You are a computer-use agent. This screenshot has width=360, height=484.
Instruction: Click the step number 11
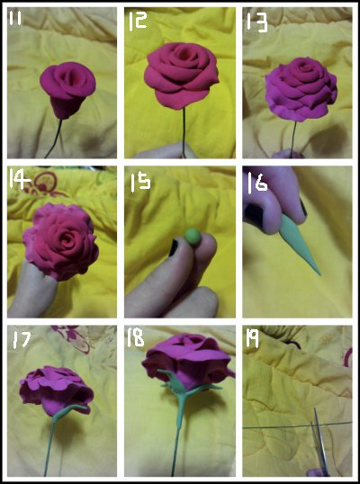(x=14, y=19)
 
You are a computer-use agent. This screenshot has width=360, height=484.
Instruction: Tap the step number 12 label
(x=138, y=22)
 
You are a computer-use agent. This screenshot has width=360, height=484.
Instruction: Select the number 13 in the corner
(x=256, y=22)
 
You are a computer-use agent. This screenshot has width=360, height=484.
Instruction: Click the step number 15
(x=140, y=183)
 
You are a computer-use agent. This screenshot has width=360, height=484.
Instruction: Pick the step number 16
(x=257, y=182)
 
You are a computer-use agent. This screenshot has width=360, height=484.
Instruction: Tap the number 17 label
(x=22, y=340)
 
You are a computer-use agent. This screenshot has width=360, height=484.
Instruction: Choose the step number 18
(x=135, y=337)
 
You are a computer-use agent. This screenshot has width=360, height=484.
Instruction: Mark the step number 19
(x=253, y=339)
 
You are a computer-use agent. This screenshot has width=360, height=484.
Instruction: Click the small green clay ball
(x=193, y=237)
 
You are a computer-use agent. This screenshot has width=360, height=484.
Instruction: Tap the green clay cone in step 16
(x=301, y=245)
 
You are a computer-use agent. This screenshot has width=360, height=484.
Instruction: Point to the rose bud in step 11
(x=67, y=90)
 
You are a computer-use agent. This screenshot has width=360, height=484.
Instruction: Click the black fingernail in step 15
(x=174, y=248)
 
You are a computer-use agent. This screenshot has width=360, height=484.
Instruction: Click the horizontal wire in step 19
(x=297, y=425)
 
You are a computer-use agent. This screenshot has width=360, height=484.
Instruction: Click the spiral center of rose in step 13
(x=306, y=67)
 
